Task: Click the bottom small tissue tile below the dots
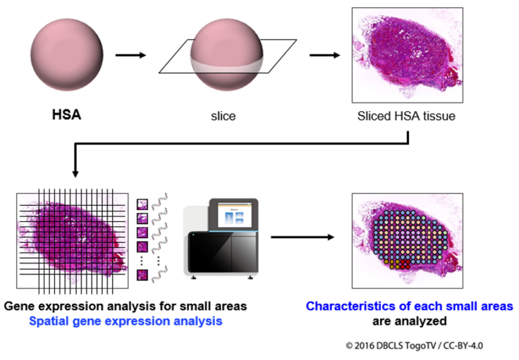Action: [142, 275]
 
